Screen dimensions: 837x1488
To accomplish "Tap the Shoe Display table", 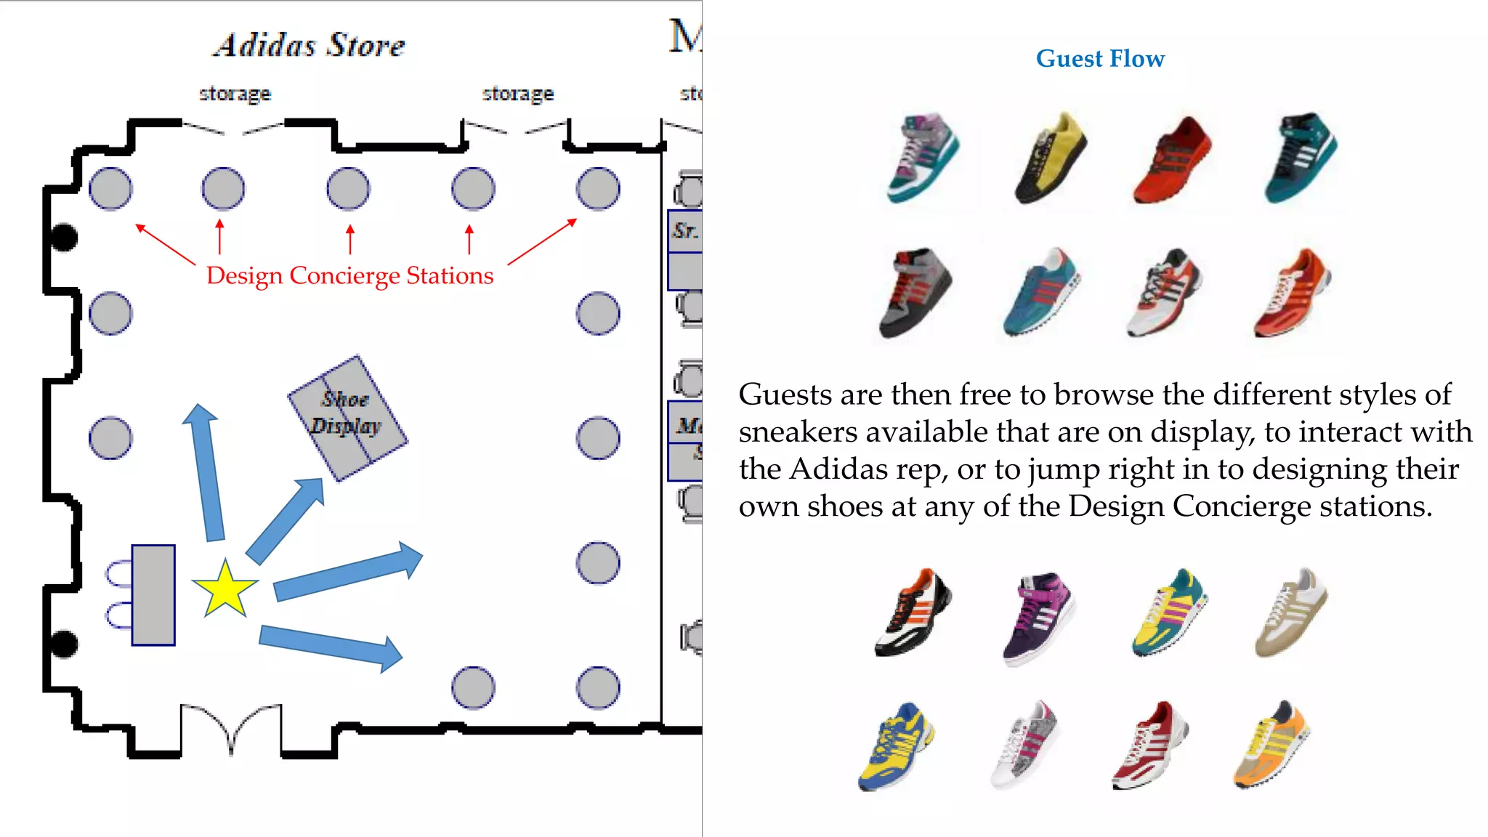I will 347,418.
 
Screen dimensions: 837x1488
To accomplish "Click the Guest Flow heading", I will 1100,59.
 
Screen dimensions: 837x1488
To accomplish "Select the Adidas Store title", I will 310,45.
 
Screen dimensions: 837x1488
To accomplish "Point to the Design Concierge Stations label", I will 349,276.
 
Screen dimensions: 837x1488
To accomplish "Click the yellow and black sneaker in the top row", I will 1051,158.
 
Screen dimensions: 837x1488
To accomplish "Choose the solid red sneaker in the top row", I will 1172,161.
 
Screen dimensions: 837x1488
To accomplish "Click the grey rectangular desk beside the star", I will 153,594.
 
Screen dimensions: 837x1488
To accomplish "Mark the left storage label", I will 235,94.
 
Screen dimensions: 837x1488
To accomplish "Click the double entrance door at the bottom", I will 230,727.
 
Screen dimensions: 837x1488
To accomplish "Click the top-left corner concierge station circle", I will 110,189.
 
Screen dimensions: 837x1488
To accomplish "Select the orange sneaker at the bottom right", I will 1271,744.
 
